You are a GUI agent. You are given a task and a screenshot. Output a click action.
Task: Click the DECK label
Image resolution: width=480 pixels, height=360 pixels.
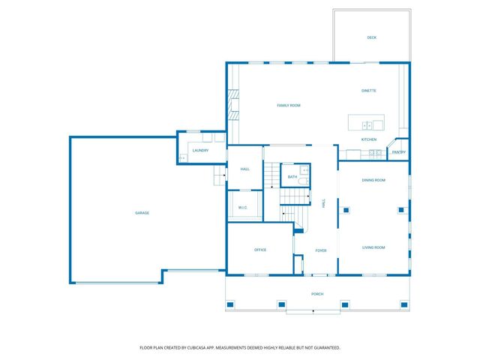coord(372,37)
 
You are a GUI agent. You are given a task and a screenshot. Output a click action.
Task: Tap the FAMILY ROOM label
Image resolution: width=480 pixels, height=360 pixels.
coord(289,105)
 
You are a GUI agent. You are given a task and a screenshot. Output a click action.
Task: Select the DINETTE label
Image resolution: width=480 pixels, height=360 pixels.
coord(369,91)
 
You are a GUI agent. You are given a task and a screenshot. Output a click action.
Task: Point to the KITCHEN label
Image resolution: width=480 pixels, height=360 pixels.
coord(369,139)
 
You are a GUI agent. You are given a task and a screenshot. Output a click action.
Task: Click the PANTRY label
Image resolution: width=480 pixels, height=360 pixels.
coord(399,152)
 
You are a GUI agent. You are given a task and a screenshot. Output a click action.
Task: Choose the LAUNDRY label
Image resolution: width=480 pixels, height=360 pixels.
coord(200,150)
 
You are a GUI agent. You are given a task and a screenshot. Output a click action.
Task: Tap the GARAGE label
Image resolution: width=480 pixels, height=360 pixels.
coord(142,213)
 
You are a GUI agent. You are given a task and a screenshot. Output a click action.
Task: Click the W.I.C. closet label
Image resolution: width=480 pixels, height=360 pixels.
coord(243,208)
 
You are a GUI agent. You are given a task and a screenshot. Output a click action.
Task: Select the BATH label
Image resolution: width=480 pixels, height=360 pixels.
coord(292,177)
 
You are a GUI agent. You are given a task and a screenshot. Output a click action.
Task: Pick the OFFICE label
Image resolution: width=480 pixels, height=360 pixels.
coord(260,250)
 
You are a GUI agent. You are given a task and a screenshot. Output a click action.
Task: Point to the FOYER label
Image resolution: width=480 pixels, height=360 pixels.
coord(321,250)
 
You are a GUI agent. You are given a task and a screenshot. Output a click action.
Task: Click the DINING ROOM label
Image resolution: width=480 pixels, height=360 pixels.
coord(373,180)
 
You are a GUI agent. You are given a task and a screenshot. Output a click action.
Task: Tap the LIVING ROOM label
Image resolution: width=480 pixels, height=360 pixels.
coord(373,247)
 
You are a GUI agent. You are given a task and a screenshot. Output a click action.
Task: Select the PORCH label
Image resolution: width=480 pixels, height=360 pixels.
coord(317,294)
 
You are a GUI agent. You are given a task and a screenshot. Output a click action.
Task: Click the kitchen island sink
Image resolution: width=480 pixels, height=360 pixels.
coord(367,125)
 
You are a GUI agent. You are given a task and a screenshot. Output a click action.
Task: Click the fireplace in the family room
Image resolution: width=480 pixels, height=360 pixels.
coord(233,104)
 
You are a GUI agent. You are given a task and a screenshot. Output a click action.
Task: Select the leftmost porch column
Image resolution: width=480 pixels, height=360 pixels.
coord(230,304)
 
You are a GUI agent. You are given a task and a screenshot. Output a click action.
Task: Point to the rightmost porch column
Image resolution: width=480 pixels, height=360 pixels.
coord(404,304)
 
